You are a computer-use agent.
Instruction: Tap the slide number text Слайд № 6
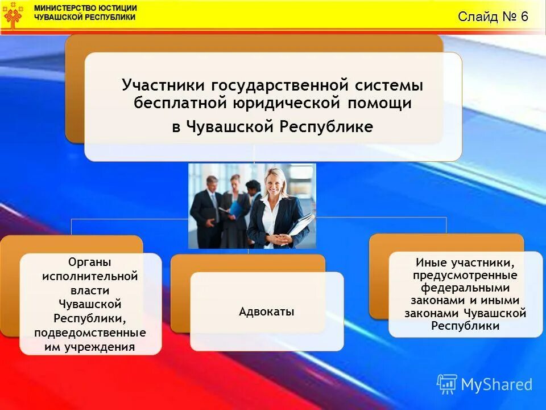(493, 17)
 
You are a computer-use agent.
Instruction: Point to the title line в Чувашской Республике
(272, 126)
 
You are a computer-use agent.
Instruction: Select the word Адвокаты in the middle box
(267, 311)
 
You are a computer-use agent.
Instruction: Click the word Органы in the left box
(90, 262)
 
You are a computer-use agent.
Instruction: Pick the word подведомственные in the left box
(90, 333)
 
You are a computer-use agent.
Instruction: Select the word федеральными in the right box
(465, 288)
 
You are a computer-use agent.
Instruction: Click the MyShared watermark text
(496, 384)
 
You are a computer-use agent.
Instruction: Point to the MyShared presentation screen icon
(447, 384)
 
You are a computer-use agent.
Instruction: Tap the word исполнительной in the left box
(90, 276)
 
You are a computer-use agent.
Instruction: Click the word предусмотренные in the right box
(465, 276)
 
